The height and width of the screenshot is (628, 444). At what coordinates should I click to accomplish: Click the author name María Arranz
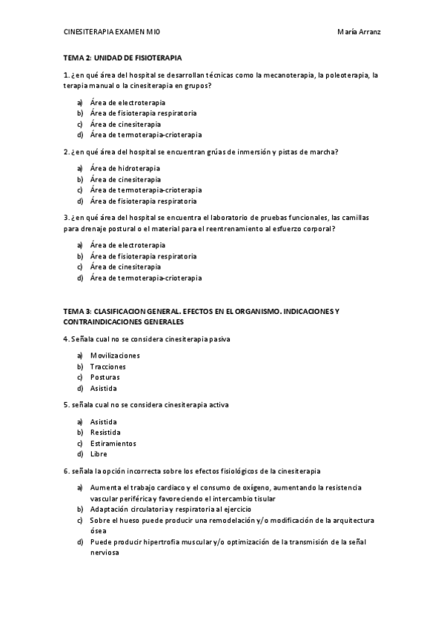[359, 33]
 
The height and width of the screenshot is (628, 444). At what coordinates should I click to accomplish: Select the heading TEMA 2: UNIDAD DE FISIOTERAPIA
[122, 58]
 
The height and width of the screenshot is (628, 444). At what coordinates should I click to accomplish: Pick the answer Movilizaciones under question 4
[115, 355]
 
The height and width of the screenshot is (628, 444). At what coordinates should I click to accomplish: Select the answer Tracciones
[107, 367]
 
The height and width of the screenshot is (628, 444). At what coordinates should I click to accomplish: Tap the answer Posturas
[105, 378]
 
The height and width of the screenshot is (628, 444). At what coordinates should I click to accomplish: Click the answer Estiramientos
[112, 443]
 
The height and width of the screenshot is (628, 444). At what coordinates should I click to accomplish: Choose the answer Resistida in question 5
[105, 432]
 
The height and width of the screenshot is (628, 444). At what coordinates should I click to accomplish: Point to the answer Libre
[99, 454]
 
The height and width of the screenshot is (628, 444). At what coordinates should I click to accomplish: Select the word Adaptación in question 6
[112, 510]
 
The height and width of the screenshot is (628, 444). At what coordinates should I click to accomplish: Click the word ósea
[98, 531]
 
